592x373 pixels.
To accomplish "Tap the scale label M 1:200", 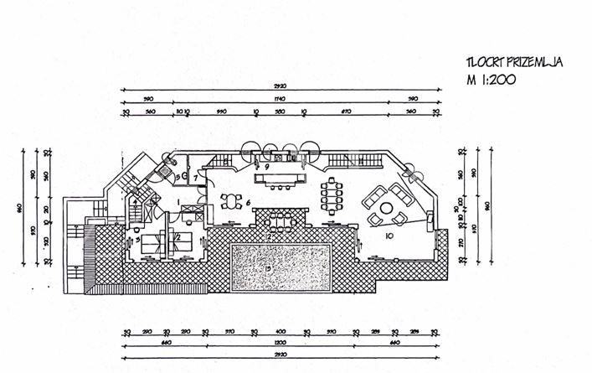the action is pos(492,81).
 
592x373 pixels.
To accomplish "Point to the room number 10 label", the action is pos(389,237).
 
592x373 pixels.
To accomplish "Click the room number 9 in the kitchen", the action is pos(265,167).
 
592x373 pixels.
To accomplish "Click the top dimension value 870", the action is pos(345,111).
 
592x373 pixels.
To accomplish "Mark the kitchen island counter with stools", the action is pos(280,179).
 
